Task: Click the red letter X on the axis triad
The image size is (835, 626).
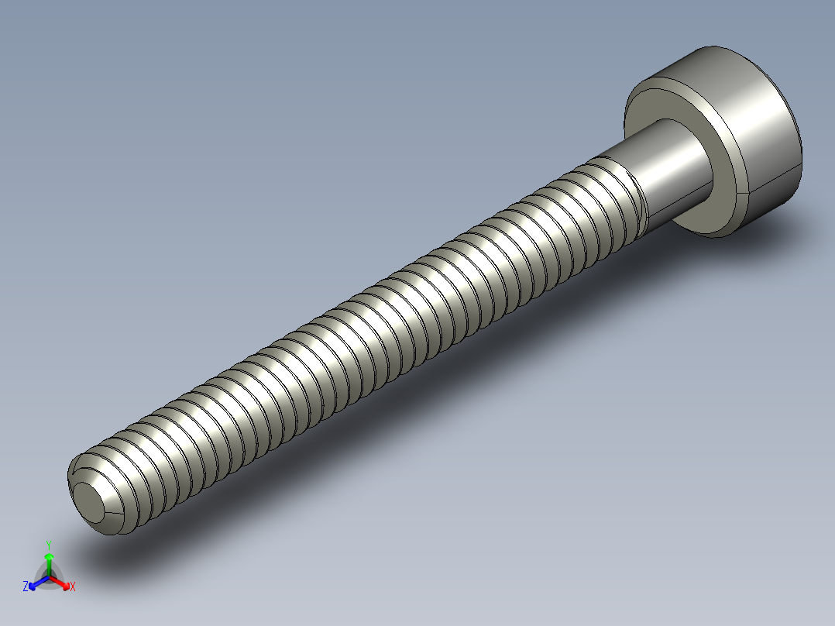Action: coord(72,587)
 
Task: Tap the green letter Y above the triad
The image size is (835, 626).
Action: coord(49,545)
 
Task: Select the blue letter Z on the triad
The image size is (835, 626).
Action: coord(26,587)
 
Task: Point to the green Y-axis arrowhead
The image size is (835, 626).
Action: coord(49,557)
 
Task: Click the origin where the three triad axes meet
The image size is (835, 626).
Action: coord(49,576)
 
